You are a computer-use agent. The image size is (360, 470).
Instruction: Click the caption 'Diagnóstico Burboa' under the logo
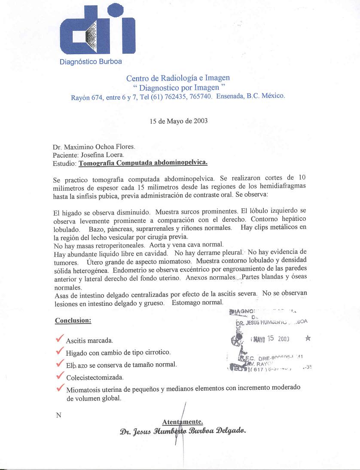pyautogui.click(x=91, y=61)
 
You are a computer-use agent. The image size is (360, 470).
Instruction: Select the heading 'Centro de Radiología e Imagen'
pyautogui.click(x=178, y=78)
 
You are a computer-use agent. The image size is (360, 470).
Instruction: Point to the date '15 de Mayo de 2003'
pyautogui.click(x=178, y=121)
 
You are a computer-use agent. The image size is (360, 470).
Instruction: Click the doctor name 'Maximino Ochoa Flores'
pyautogui.click(x=98, y=146)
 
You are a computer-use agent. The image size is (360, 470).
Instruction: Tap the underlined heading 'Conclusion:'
pyautogui.click(x=73, y=320)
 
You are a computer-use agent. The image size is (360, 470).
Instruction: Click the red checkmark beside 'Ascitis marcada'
pyautogui.click(x=60, y=339)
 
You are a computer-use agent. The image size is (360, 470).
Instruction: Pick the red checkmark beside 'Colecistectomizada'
pyautogui.click(x=60, y=376)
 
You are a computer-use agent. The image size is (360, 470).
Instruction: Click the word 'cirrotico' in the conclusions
pyautogui.click(x=157, y=352)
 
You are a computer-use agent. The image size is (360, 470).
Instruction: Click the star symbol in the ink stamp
pyautogui.click(x=308, y=338)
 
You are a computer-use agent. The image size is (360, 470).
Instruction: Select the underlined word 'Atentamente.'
pyautogui.click(x=183, y=421)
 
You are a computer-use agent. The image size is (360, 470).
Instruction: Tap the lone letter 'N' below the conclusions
pyautogui.click(x=58, y=415)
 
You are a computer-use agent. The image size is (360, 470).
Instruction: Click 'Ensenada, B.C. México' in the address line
pyautogui.click(x=250, y=96)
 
